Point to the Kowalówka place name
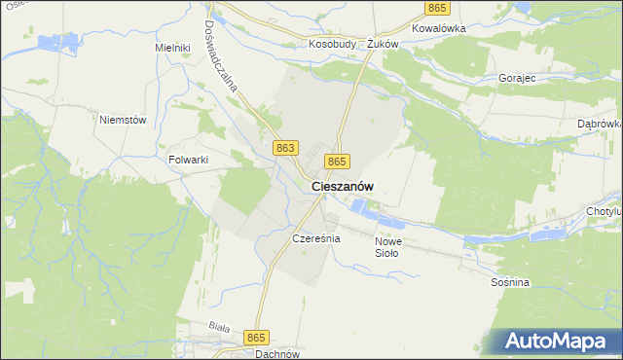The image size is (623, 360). click(439, 28)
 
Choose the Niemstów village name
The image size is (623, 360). click(123, 120)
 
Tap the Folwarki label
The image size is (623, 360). click(189, 160)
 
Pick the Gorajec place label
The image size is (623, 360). click(517, 77)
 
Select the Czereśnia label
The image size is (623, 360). click(314, 238)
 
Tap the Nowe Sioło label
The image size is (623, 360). click(387, 247)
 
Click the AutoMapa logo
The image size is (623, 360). click(560, 342)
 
